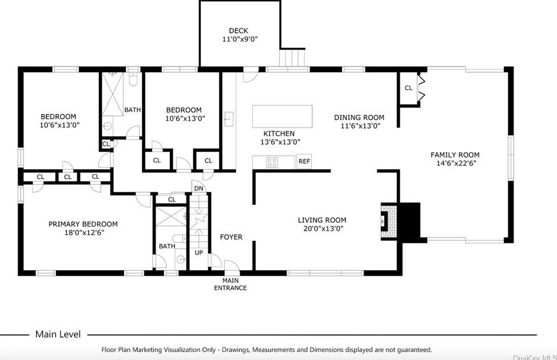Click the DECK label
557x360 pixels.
[240, 31]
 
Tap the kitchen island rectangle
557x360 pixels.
[283, 116]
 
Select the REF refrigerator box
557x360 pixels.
[304, 161]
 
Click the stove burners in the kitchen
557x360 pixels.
[273, 162]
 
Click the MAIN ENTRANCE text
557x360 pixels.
[230, 284]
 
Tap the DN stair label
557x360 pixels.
[198, 188]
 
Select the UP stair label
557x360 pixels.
[198, 252]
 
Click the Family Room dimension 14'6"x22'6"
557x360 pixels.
[455, 163]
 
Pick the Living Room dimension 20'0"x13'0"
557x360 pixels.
[322, 228]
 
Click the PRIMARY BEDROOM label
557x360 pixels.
[83, 224]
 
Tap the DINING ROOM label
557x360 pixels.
[359, 118]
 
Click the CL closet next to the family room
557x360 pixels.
[408, 88]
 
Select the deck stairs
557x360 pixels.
[293, 58]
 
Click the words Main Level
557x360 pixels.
[58, 334]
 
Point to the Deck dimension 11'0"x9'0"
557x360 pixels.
[240, 39]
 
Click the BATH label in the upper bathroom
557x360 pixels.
[133, 110]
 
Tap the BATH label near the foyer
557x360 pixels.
[167, 246]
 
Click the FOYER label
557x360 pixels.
[231, 237]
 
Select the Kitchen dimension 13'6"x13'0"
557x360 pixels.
[280, 142]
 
